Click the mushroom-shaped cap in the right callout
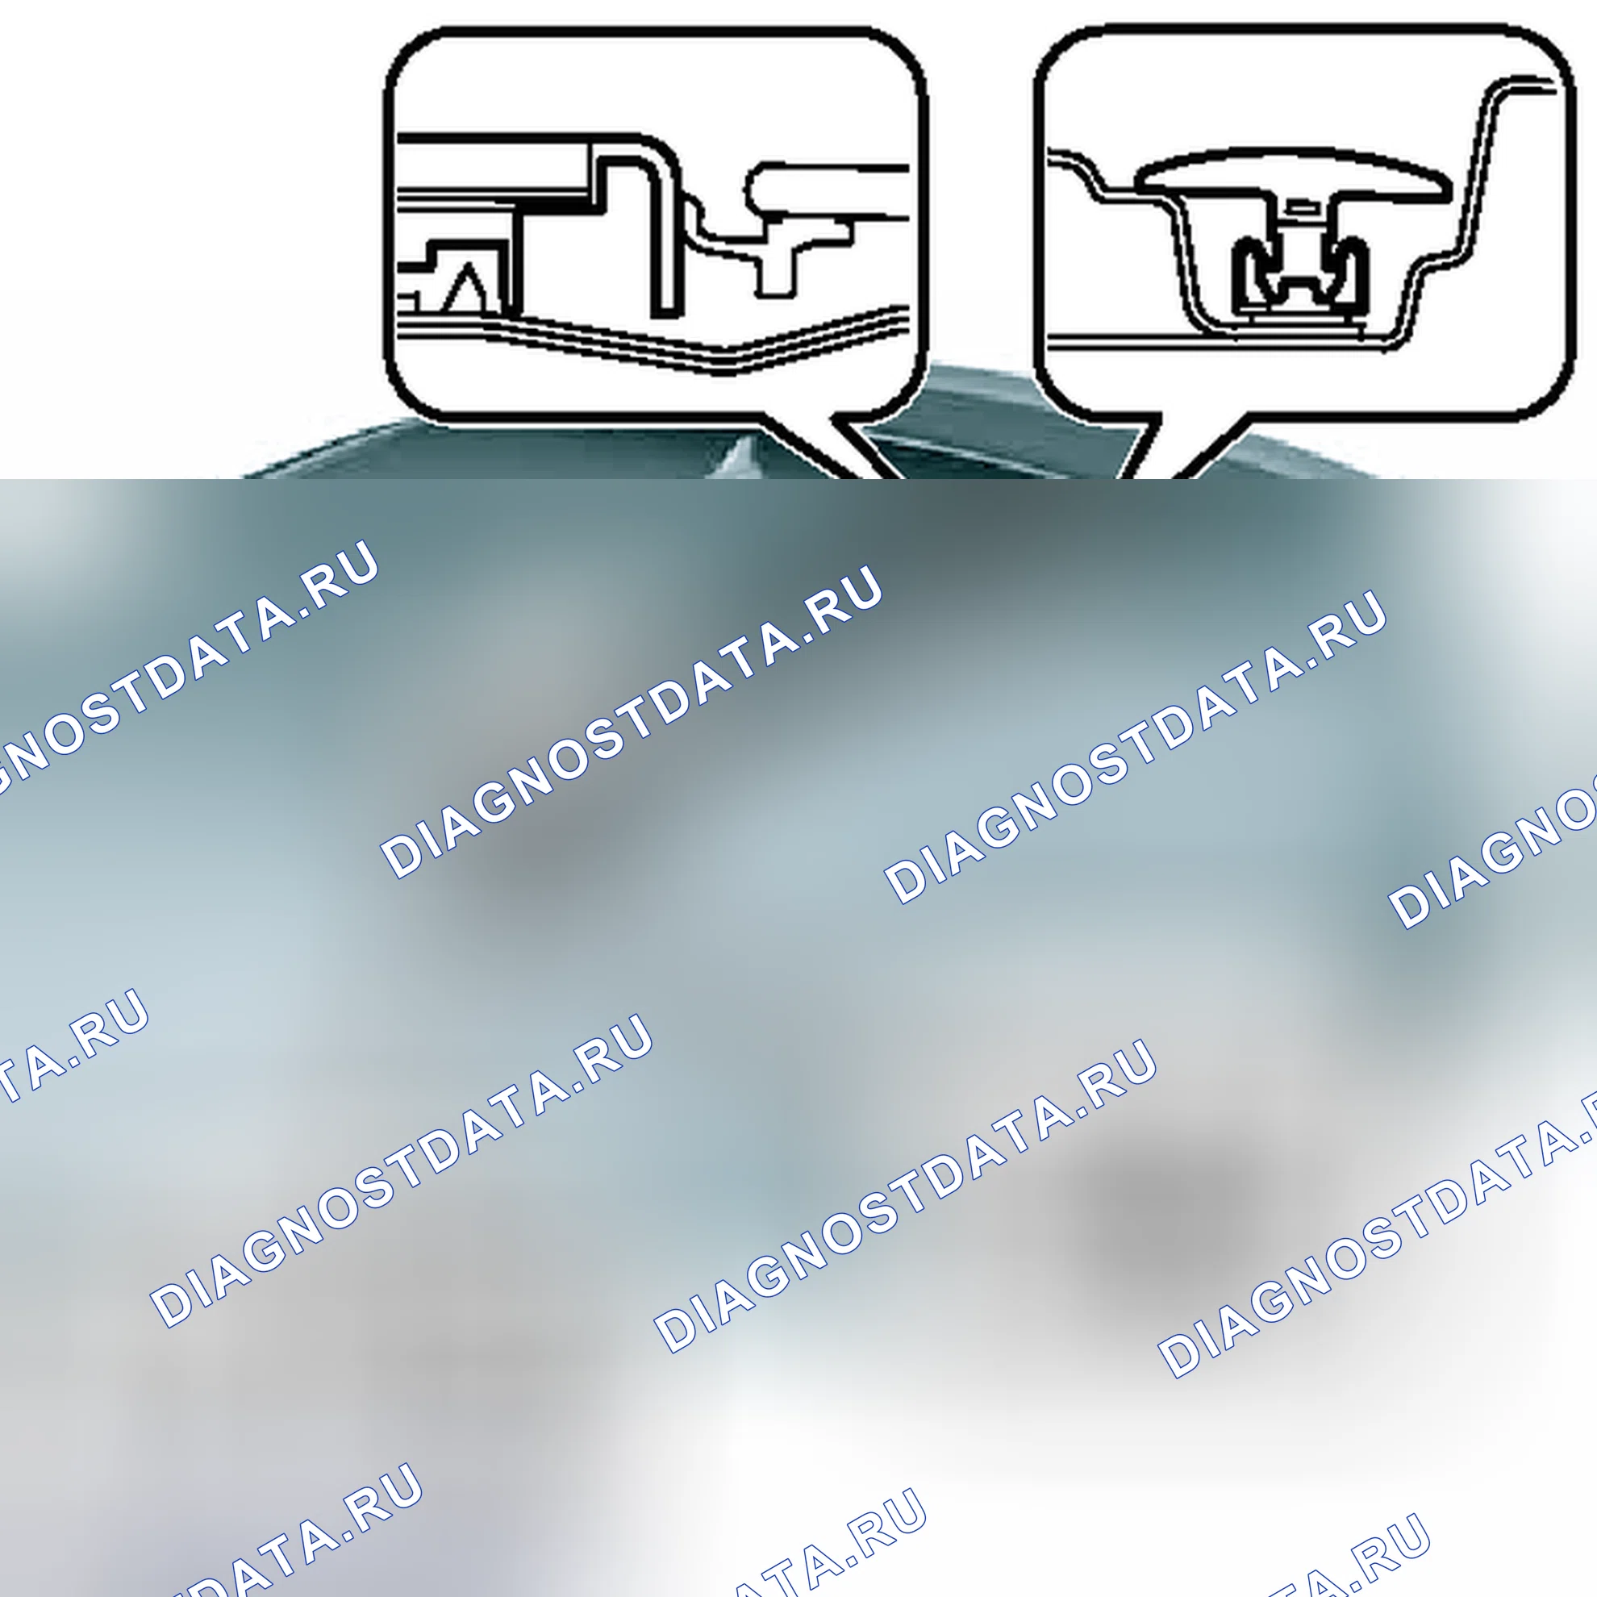tap(1295, 175)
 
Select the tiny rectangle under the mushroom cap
tap(1300, 204)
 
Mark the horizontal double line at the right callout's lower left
tap(1140, 337)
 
